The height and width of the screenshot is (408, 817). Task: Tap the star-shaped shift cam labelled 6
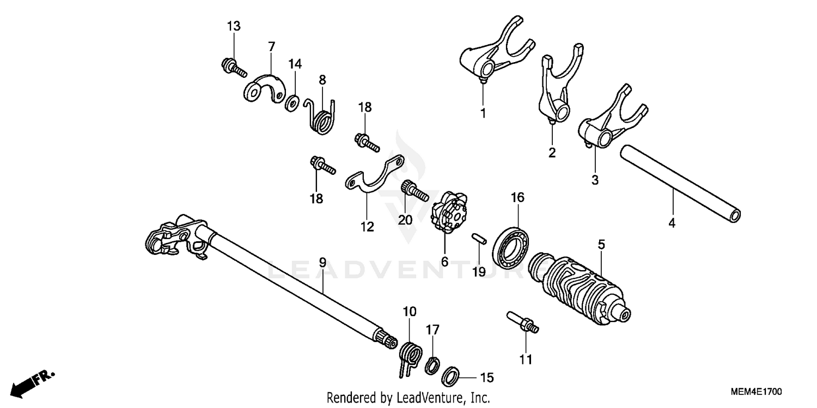pos(449,212)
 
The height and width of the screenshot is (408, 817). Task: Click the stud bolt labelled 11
pos(523,322)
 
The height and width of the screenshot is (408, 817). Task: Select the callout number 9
pos(322,263)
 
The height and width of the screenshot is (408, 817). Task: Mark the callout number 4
pos(672,223)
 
